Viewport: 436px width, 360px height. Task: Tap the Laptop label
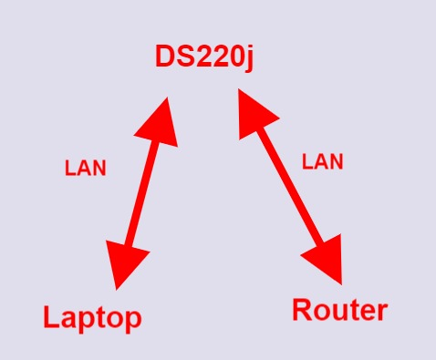pos(92,317)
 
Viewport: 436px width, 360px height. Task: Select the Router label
pos(339,310)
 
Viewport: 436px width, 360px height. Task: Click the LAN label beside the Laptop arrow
pos(85,169)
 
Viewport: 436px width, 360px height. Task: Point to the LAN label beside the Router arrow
pos(322,162)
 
